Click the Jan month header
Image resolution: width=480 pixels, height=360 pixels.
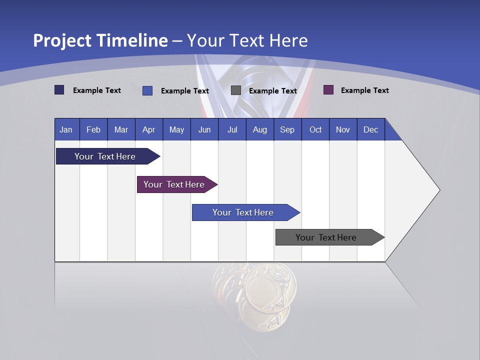click(66, 129)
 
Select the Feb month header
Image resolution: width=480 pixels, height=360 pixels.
click(93, 129)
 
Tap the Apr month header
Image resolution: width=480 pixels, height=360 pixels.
click(149, 129)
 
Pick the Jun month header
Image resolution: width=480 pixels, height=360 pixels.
click(204, 129)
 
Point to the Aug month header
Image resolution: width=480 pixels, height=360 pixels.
click(260, 129)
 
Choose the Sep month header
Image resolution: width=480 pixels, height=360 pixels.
click(287, 129)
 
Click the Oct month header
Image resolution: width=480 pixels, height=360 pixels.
click(315, 129)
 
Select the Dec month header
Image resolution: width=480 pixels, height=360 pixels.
click(371, 129)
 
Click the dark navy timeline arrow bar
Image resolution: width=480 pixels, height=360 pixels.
click(105, 156)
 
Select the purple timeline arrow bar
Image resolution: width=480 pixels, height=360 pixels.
click(174, 184)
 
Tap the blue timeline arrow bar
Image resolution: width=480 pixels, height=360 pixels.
click(243, 212)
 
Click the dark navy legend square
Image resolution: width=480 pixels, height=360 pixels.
click(59, 90)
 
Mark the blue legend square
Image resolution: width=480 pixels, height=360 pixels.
click(147, 90)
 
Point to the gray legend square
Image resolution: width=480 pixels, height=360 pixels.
click(236, 90)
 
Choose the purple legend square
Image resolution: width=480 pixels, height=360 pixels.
click(328, 90)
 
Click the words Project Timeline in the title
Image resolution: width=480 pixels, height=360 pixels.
click(100, 40)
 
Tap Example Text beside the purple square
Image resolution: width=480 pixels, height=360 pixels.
click(364, 90)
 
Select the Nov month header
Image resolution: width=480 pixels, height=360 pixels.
click(343, 129)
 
